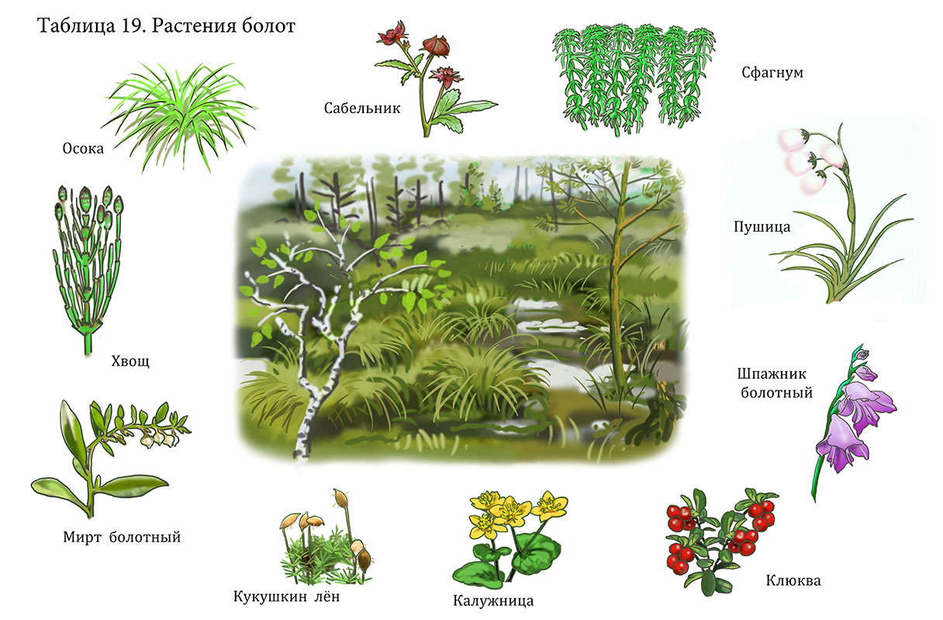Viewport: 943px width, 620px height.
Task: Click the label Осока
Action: pyautogui.click(x=83, y=149)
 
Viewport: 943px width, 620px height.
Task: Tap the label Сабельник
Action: pyautogui.click(x=362, y=108)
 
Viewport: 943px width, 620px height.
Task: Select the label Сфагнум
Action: pyautogui.click(x=772, y=73)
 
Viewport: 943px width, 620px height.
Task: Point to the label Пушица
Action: pyautogui.click(x=762, y=227)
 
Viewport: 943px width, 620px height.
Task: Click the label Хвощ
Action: pyautogui.click(x=130, y=361)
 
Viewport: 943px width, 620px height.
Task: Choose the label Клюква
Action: pyautogui.click(x=793, y=581)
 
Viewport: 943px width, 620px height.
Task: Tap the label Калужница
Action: pyautogui.click(x=493, y=601)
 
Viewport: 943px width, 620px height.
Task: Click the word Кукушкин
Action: pyautogui.click(x=270, y=597)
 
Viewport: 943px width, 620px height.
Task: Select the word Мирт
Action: pyautogui.click(x=82, y=537)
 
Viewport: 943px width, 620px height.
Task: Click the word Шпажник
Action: pyautogui.click(x=772, y=374)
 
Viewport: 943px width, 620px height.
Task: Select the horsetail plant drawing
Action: pyautogui.click(x=88, y=269)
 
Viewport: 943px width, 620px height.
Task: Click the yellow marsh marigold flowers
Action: pyautogui.click(x=518, y=514)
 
